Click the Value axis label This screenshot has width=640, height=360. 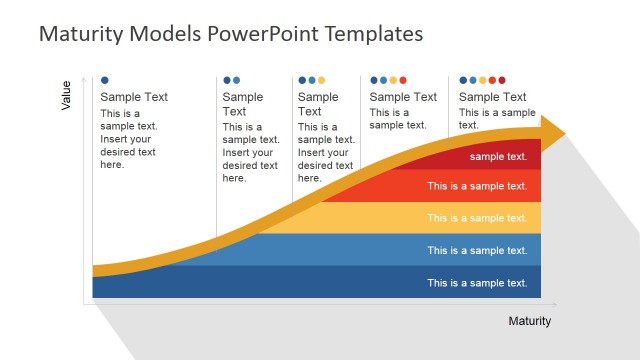67,95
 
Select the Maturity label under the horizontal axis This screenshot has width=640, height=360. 529,321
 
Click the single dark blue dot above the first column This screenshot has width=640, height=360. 105,79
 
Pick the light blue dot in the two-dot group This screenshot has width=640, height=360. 237,80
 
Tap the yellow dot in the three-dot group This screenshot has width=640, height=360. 321,80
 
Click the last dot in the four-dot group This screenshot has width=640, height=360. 403,80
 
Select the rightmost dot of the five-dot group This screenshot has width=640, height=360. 502,80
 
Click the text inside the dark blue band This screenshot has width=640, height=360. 477,283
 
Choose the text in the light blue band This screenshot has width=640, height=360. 477,251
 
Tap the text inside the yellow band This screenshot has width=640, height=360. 477,218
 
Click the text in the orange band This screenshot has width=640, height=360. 477,186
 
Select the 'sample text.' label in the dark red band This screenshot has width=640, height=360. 498,157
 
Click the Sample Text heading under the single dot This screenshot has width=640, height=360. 134,97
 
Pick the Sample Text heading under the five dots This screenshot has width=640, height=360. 492,97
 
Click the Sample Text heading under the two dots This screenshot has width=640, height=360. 243,104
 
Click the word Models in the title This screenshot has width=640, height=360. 154,34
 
